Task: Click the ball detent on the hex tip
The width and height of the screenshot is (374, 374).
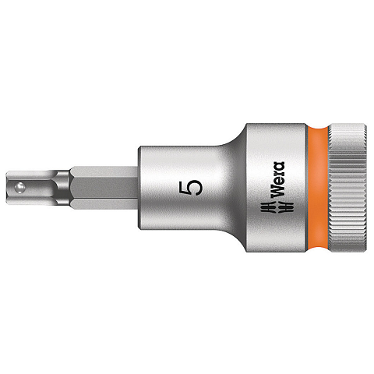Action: coord(20,188)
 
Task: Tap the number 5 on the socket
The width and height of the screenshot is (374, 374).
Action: coord(190,188)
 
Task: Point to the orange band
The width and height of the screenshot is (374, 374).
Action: coord(317,188)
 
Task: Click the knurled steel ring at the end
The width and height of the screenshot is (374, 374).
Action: coord(347,188)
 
